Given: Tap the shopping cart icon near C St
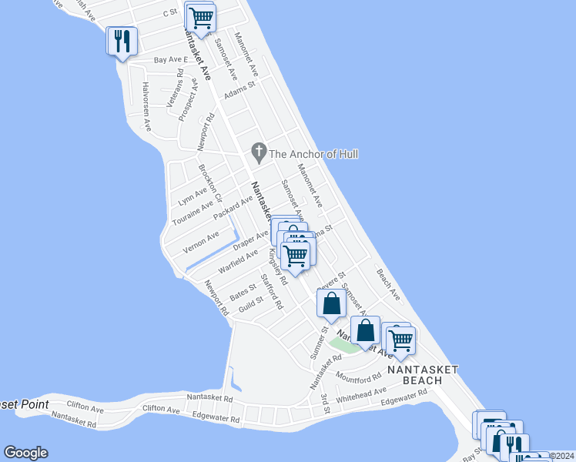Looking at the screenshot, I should coord(201,18).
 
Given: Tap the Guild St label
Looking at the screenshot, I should coord(251,306).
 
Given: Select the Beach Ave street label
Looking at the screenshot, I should coord(388,283).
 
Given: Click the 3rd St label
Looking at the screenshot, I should coord(326,403).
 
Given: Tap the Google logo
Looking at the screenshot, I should coord(25,453).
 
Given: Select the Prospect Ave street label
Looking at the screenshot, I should coord(188,99).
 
